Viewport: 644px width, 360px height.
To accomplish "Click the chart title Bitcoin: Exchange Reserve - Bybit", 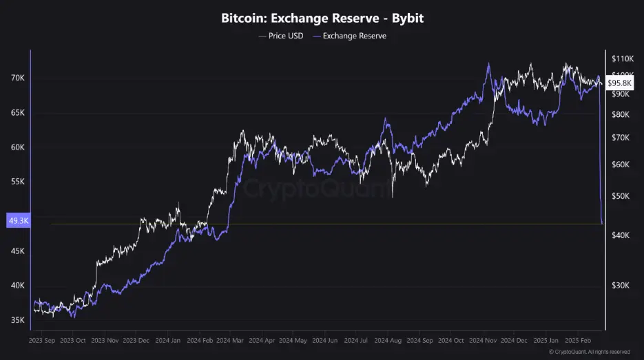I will pos(322,18).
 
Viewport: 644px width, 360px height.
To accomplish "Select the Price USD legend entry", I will pos(280,36).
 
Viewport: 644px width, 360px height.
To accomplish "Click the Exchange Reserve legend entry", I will pos(350,36).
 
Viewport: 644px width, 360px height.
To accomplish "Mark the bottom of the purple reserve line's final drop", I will pos(603,223).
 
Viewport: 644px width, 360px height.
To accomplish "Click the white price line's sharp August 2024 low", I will pos(392,198).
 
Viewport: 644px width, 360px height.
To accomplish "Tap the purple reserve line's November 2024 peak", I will pos(488,63).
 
